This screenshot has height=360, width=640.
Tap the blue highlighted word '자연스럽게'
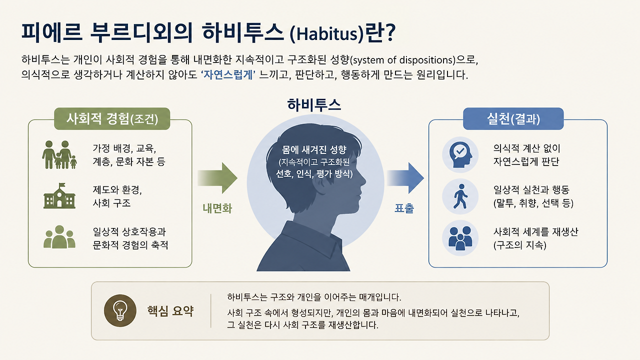coord(227,75)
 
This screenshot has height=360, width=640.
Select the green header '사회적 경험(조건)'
coord(112,118)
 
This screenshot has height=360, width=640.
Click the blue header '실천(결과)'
coord(513,118)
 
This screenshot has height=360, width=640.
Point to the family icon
coord(59,154)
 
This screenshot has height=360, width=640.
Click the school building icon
coord(59,196)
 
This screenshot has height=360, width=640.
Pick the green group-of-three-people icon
coord(59,237)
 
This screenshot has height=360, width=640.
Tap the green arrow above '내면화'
coord(217,178)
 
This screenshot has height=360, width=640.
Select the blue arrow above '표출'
coord(405,178)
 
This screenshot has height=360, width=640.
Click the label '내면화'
coord(217,208)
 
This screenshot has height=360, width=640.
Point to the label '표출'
coord(404,208)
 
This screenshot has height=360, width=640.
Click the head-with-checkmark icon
coord(460,154)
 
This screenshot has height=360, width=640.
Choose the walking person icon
coord(460,196)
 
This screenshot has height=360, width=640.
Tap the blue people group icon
coord(460,238)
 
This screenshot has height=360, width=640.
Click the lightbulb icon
coord(120,310)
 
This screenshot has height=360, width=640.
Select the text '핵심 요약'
coord(170,311)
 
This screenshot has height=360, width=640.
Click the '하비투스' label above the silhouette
coord(313,105)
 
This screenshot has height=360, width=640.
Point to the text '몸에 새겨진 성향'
coord(314,149)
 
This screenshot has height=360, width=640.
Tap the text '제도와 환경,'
coord(117,189)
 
